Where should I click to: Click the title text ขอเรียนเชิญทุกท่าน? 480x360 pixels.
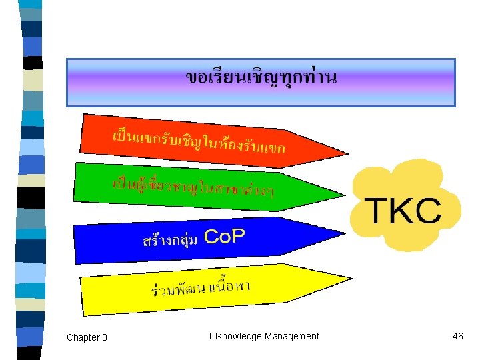(x=261, y=77)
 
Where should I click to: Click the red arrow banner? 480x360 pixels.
(x=200, y=140)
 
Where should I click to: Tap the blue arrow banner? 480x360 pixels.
(x=200, y=239)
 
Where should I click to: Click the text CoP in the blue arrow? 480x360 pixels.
(x=224, y=236)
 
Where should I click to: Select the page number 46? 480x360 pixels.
(x=457, y=336)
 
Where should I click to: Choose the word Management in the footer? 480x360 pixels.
(x=291, y=336)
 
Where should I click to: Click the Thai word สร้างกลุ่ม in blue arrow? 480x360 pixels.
(x=169, y=240)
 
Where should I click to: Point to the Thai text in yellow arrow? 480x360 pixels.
(x=201, y=289)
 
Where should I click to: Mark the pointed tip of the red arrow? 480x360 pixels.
(x=347, y=153)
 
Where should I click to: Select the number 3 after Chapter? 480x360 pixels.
(x=104, y=337)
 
